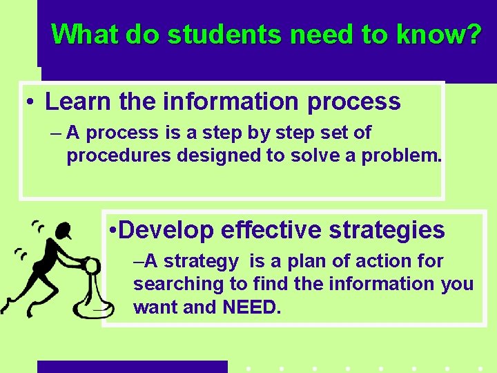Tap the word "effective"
point(271,230)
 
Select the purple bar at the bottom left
point(132,366)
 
